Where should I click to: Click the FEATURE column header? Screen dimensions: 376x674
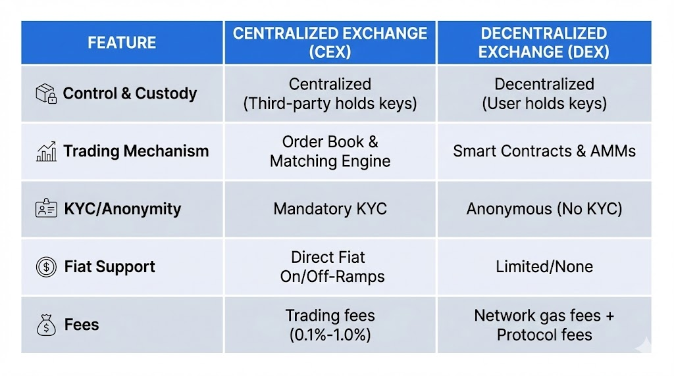pos(122,43)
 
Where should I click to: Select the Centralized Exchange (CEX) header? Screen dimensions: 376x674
pos(330,43)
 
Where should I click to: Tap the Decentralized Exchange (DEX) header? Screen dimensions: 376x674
pos(544,43)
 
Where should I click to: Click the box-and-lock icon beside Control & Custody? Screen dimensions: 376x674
pos(46,93)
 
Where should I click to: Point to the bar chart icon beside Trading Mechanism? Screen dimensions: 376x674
pos(46,152)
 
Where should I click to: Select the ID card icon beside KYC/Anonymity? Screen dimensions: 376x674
pos(46,209)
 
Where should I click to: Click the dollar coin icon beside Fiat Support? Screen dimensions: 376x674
pos(46,267)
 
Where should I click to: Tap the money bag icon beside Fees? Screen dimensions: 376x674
pos(46,325)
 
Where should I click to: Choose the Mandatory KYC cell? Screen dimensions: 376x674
pos(330,209)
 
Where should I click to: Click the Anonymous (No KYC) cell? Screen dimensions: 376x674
pos(544,209)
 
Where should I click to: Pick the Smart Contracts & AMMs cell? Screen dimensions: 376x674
pos(544,151)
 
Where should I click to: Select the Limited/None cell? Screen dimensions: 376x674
pos(544,267)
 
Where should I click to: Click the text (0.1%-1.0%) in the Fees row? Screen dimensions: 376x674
pos(330,335)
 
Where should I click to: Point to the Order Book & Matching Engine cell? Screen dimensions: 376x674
pos(330,151)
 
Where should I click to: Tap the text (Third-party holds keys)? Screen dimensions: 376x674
pos(330,104)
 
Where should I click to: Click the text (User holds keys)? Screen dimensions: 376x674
pos(544,104)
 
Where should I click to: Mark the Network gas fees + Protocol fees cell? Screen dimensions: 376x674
pos(544,325)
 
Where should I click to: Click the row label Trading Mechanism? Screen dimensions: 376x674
pos(136,151)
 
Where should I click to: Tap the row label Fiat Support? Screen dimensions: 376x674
pos(110,267)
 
